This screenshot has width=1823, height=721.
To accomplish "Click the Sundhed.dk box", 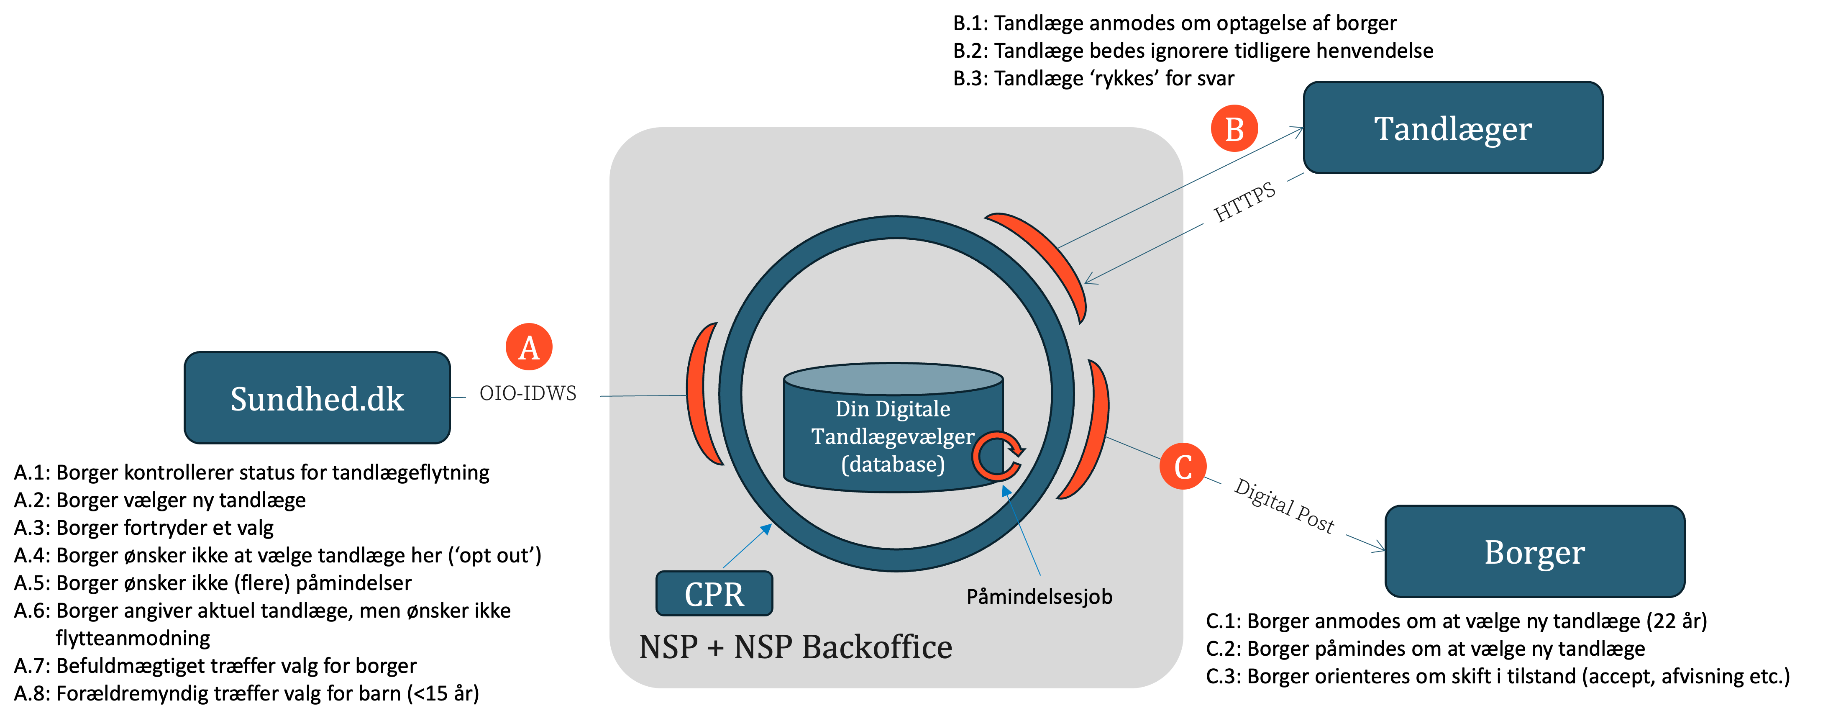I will click(317, 398).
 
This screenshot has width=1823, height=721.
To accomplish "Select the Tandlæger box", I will click(1452, 128).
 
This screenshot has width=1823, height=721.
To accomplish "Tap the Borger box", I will click(1534, 552).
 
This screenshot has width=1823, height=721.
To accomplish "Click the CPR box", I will click(714, 593).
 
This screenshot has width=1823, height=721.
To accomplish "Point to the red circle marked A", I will click(529, 347).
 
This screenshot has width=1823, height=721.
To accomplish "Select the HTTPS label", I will click(1245, 203).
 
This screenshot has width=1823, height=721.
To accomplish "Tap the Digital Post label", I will click(1284, 506).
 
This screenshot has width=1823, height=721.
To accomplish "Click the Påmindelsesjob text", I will click(1039, 596).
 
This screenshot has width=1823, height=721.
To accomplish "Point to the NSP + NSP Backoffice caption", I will click(796, 647).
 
